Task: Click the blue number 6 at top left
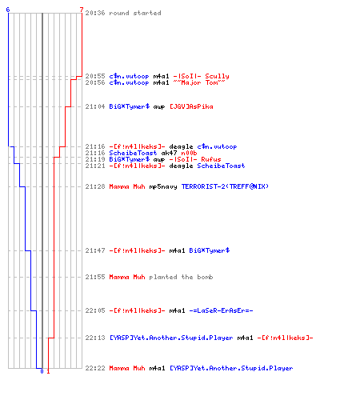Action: coord(8,10)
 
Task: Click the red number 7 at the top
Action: coord(82,10)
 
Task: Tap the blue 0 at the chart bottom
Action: coord(42,371)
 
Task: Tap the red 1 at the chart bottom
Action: coord(48,371)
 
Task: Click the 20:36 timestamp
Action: coord(95,13)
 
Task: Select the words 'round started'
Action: coord(135,13)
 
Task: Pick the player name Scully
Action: coord(217,76)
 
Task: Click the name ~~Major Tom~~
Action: coord(199,82)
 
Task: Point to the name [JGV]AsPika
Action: coord(191,106)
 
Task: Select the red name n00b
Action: coord(189,153)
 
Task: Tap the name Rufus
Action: coord(211,159)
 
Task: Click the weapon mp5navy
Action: coord(163,186)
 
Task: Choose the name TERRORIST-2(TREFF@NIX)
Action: coord(225,186)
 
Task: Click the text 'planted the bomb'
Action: coord(181,277)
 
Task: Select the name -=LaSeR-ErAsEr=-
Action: coord(221,310)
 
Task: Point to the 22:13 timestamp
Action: coord(95,338)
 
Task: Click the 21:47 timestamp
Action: coord(95,250)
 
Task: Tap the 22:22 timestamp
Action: coord(95,368)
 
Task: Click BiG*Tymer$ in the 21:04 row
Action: coord(130,106)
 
